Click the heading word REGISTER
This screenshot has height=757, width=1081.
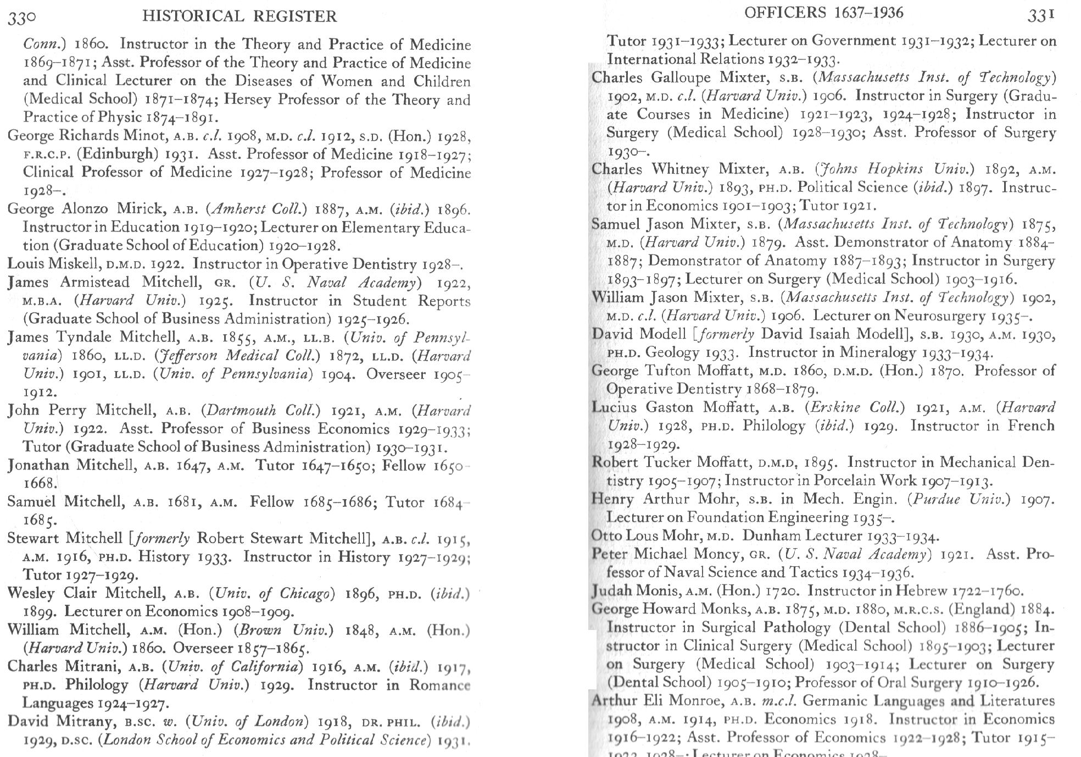pos(295,16)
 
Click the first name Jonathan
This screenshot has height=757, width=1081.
pos(38,465)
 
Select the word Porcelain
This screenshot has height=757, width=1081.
pos(844,480)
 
